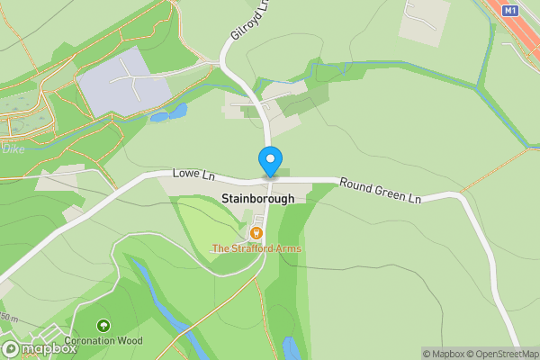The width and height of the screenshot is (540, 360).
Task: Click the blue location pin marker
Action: pos(269,161)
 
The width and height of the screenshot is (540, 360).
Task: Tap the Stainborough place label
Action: pos(257,198)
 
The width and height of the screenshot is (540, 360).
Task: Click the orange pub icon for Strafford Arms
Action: pos(256,233)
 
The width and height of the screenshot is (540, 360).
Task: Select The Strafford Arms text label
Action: pos(256,248)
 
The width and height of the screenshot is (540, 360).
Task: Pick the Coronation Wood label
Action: pos(103,341)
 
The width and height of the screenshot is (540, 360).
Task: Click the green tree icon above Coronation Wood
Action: pos(103,326)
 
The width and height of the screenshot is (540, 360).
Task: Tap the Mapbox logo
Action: pos(40,349)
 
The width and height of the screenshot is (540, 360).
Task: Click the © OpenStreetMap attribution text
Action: pos(499,354)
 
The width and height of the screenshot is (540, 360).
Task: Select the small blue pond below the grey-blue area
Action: pos(170,113)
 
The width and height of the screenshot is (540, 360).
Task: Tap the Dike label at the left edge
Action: pos(13,149)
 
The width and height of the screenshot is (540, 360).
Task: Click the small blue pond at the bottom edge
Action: pos(292,348)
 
